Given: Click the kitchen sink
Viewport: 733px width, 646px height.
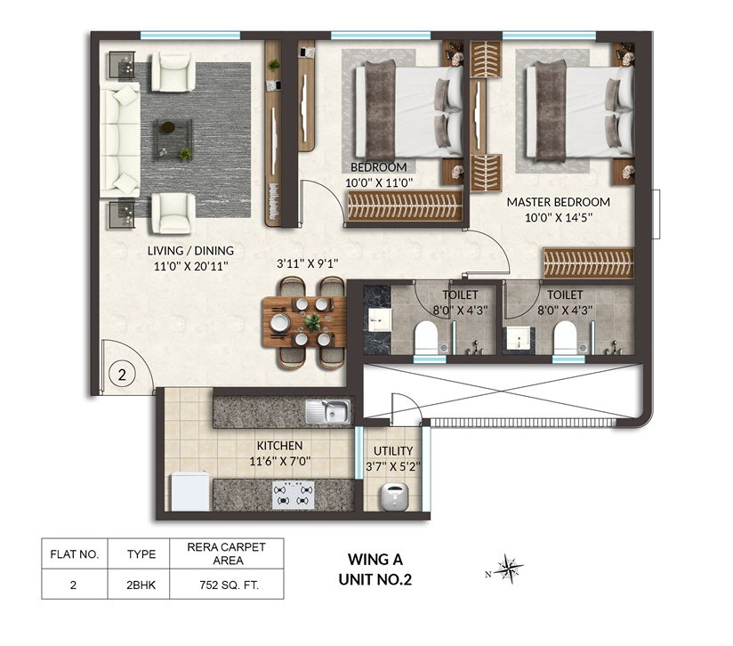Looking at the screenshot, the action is click(x=327, y=412).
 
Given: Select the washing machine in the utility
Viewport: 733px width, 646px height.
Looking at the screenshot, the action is click(x=394, y=497).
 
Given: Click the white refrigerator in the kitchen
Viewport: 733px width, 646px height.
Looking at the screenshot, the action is click(x=189, y=491).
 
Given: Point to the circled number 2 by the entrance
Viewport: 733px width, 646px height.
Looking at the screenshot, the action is click(x=122, y=375).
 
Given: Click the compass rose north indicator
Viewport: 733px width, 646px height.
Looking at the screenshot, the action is click(x=506, y=569).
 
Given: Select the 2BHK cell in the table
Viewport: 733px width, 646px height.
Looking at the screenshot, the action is click(x=141, y=585).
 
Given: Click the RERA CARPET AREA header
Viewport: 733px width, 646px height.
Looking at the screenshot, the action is click(x=226, y=553).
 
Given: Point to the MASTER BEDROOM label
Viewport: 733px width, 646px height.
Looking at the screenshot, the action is click(x=558, y=202).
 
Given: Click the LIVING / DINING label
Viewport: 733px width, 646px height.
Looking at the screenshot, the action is click(x=190, y=251).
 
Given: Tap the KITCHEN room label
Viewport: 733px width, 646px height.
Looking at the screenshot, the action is click(x=279, y=446).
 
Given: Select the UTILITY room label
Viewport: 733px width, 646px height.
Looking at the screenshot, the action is click(x=393, y=450).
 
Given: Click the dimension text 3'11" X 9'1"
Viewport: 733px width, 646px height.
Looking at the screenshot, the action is click(x=307, y=263).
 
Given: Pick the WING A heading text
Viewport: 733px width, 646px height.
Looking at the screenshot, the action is click(x=375, y=559).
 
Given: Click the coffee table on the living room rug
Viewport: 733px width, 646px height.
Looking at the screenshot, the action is click(x=173, y=140).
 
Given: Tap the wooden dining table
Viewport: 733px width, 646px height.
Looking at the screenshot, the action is click(x=305, y=322).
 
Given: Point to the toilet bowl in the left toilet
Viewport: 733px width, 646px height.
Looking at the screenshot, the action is click(x=426, y=336).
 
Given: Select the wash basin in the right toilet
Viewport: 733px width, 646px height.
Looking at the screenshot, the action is click(x=519, y=338).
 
